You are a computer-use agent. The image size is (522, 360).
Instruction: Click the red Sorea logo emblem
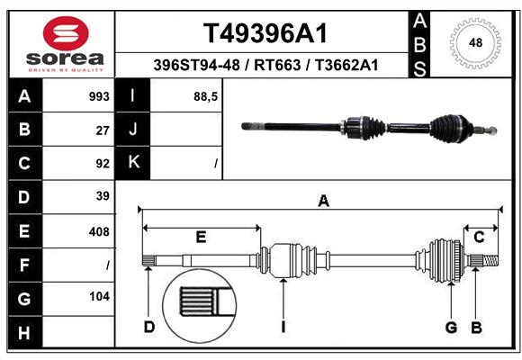[66, 33]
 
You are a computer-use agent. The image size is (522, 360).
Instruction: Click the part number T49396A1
[265, 33]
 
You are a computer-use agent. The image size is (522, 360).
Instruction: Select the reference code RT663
[277, 65]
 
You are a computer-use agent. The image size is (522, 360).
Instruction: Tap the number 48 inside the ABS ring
[475, 43]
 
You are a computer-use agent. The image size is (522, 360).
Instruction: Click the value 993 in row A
[99, 96]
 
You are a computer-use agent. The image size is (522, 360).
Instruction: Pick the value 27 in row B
[103, 130]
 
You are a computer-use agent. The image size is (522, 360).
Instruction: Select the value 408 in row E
[99, 231]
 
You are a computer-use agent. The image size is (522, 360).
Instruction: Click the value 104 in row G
[99, 296]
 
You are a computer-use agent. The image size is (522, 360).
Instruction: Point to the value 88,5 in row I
[205, 97]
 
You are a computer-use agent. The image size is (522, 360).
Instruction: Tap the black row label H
[25, 332]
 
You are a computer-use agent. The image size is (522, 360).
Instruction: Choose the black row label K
[133, 163]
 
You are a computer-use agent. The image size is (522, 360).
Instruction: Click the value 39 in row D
[103, 196]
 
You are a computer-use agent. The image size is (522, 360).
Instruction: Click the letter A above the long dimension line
[324, 201]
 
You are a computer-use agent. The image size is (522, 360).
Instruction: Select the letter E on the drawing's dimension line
[201, 237]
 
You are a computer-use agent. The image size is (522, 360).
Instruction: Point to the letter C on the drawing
[479, 237]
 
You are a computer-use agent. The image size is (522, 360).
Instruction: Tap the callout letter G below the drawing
[451, 328]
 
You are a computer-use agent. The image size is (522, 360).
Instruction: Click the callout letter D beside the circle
[149, 327]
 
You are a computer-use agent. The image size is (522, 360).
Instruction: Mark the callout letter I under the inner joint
[283, 327]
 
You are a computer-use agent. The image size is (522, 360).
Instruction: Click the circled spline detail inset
[200, 306]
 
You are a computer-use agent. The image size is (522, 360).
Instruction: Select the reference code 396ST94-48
[196, 65]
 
